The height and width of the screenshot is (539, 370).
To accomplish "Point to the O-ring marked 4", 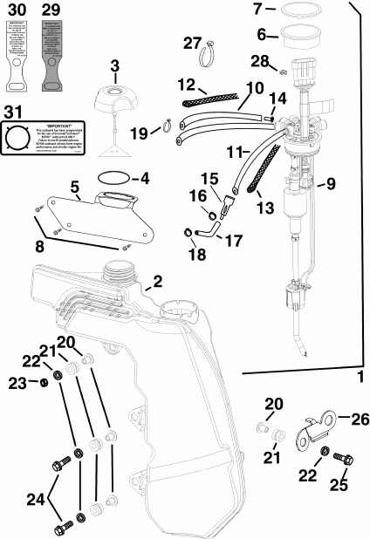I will (x=116, y=177).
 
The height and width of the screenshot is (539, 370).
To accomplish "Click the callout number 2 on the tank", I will (x=157, y=281).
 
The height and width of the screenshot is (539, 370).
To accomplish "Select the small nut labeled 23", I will (x=43, y=383).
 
